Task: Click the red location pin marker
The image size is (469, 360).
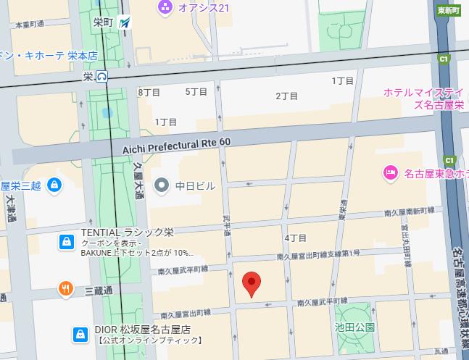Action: (251, 284)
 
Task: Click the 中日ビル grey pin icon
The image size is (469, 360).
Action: (162, 185)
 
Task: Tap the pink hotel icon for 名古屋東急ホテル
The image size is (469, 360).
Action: (389, 172)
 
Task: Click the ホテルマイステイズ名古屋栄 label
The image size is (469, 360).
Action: (423, 98)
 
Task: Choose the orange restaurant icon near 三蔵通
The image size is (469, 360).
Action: (65, 290)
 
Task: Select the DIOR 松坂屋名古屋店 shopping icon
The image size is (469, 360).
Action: (80, 334)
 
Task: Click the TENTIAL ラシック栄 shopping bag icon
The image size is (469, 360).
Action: (66, 240)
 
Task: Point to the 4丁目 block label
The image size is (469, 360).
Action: (296, 238)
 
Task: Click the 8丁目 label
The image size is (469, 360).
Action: (149, 92)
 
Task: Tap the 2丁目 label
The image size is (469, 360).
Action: (287, 96)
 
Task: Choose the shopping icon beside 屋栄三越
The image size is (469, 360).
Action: (53, 186)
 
